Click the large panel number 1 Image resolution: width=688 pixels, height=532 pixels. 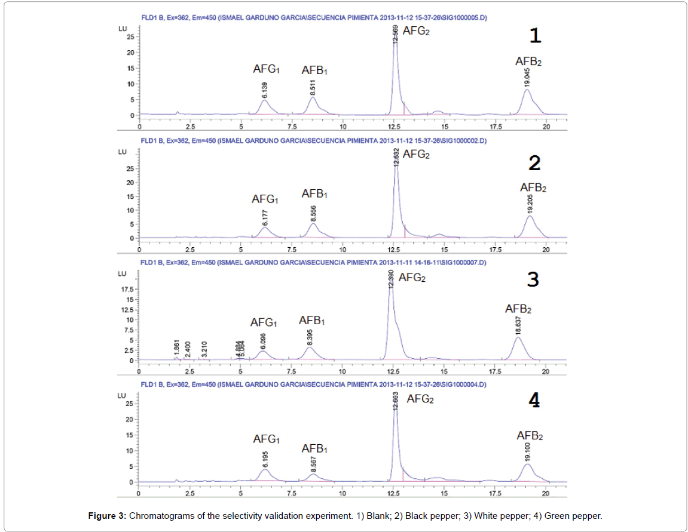pyautogui.click(x=536, y=36)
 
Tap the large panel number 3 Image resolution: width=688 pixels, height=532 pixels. pyautogui.click(x=533, y=279)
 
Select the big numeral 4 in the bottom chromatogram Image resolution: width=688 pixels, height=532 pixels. pyautogui.click(x=534, y=401)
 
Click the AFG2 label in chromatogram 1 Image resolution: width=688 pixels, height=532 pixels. pyautogui.click(x=416, y=30)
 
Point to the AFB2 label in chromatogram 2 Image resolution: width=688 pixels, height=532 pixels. pyautogui.click(x=533, y=188)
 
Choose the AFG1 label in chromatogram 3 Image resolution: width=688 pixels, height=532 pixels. pyautogui.click(x=264, y=322)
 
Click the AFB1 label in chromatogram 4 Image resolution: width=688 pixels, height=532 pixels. pyautogui.click(x=314, y=448)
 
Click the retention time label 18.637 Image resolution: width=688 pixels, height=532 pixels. pyautogui.click(x=518, y=326)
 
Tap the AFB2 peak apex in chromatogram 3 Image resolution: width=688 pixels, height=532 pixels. pyautogui.click(x=518, y=338)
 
